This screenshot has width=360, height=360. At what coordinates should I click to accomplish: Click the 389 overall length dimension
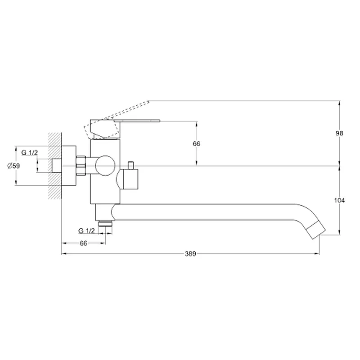click(x=190, y=254)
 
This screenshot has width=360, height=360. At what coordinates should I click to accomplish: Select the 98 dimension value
click(x=339, y=133)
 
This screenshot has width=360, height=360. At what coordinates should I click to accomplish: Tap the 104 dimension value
click(x=339, y=200)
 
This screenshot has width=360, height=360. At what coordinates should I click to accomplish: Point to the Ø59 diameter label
click(x=13, y=166)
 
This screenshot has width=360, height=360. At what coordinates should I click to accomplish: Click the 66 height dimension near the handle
click(x=196, y=144)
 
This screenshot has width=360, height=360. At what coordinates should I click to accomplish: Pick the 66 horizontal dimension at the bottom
click(x=84, y=243)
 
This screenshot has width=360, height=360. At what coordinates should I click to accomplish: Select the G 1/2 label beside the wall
click(x=29, y=153)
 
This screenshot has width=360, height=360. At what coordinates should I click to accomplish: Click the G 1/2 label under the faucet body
click(x=86, y=231)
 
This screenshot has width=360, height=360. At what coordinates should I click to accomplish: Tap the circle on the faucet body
click(x=105, y=166)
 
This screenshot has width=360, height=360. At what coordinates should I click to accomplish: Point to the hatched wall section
click(x=55, y=166)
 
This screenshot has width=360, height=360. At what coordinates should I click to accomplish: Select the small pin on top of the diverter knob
click(x=131, y=165)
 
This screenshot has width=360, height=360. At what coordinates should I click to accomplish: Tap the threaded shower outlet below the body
click(x=105, y=223)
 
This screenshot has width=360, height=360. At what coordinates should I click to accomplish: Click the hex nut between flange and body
click(x=81, y=166)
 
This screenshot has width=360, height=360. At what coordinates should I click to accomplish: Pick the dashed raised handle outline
click(x=117, y=119)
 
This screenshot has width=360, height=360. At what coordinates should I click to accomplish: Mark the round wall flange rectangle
click(x=69, y=166)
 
